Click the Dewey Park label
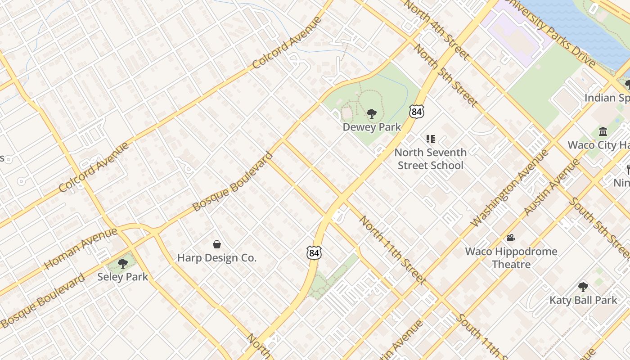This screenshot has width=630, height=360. click(372, 127)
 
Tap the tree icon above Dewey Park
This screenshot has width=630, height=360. click(372, 114)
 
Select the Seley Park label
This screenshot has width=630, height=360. click(122, 276)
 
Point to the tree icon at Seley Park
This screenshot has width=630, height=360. click(122, 263)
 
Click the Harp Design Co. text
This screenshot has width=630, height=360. click(216, 258)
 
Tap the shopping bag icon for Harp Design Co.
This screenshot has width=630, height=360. click(217, 244)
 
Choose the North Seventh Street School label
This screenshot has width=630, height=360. click(430, 159)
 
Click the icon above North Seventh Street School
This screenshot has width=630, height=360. click(431, 139)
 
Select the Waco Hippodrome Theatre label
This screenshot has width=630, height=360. click(511, 257)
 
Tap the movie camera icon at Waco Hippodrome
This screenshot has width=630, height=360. click(511, 238)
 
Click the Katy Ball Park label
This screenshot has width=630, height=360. click(583, 300)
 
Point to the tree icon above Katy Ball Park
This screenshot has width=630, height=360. click(583, 287)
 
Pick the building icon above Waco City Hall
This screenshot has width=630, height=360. click(603, 131)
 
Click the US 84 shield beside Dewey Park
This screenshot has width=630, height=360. click(416, 111)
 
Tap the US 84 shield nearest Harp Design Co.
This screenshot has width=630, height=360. click(314, 253)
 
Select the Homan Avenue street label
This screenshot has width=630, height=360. click(81, 249)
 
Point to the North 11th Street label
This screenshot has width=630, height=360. click(392, 250)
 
